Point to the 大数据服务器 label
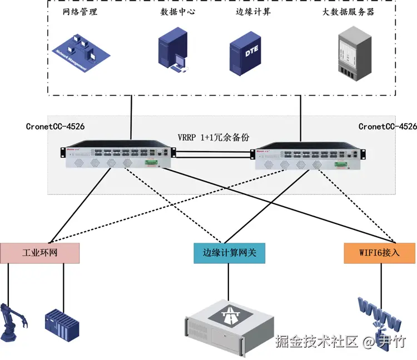pos(348,12)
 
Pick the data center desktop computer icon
pos(172,51)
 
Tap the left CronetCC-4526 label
pos(55,127)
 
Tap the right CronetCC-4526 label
pos(388,127)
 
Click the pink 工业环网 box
pos(40,253)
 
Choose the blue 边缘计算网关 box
pos(229,253)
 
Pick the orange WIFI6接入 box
pos(380,253)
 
